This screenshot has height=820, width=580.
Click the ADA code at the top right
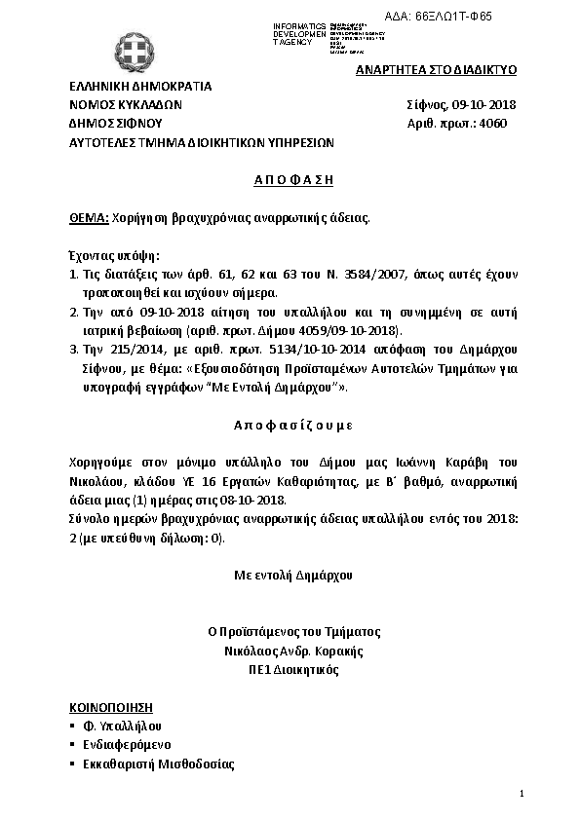click(467, 18)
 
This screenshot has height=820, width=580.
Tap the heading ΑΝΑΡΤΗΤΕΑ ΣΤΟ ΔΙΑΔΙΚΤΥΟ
click(436, 70)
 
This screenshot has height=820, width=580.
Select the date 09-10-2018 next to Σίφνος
click(483, 104)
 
